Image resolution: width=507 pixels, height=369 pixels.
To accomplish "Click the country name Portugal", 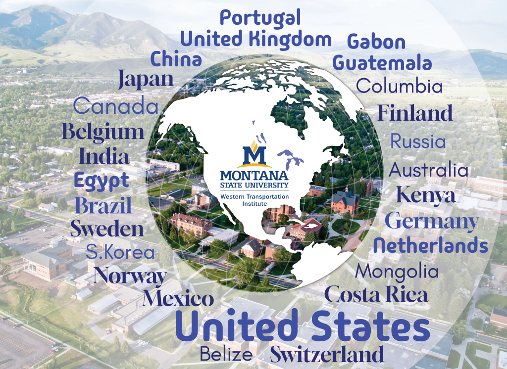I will click(x=260, y=19).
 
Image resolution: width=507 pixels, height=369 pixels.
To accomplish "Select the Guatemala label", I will click(x=382, y=63).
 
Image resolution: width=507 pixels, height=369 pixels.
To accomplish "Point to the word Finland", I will click(x=415, y=113).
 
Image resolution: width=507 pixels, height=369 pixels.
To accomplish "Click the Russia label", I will click(x=417, y=141).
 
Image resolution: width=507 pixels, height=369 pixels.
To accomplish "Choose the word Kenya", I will click(x=425, y=195).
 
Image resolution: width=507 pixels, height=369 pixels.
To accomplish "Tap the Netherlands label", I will click(x=431, y=244).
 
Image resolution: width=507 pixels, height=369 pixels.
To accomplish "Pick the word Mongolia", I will click(x=397, y=271).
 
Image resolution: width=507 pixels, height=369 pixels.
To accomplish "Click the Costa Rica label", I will click(x=376, y=295).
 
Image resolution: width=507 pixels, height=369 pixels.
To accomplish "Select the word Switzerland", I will click(x=327, y=355).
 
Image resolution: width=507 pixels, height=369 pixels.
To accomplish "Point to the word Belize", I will click(x=226, y=354).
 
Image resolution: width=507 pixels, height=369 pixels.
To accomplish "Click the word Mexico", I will click(x=178, y=299).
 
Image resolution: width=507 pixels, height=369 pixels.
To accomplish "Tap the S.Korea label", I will click(x=120, y=252).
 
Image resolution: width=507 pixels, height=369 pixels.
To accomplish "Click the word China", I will click(x=176, y=59).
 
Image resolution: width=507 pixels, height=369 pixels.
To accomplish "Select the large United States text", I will click(x=303, y=327).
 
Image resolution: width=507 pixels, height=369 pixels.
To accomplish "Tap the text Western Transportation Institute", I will click(x=254, y=199).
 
